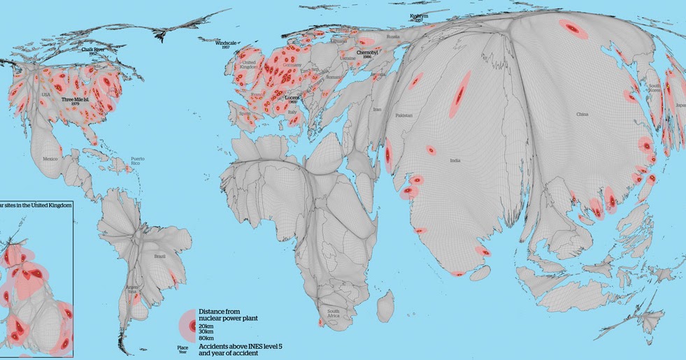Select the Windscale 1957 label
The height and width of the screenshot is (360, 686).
click(226, 45)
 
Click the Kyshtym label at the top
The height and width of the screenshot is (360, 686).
click(419, 15)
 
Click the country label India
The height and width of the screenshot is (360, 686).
click(455, 161)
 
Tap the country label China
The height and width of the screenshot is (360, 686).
click(582, 114)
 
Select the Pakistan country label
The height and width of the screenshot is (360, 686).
click(404, 115)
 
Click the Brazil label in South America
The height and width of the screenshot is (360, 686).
click(160, 257)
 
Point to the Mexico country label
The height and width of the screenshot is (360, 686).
click(50, 159)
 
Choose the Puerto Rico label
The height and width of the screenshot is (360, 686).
click(137, 161)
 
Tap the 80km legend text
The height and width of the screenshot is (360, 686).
click(206, 338)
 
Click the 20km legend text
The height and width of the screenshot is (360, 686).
click(206, 326)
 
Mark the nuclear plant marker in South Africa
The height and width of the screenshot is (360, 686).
click(320, 322)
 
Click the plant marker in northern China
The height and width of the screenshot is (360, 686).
click(572, 29)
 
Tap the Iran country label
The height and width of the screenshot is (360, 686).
click(377, 110)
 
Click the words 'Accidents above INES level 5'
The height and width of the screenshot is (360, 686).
click(241, 346)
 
